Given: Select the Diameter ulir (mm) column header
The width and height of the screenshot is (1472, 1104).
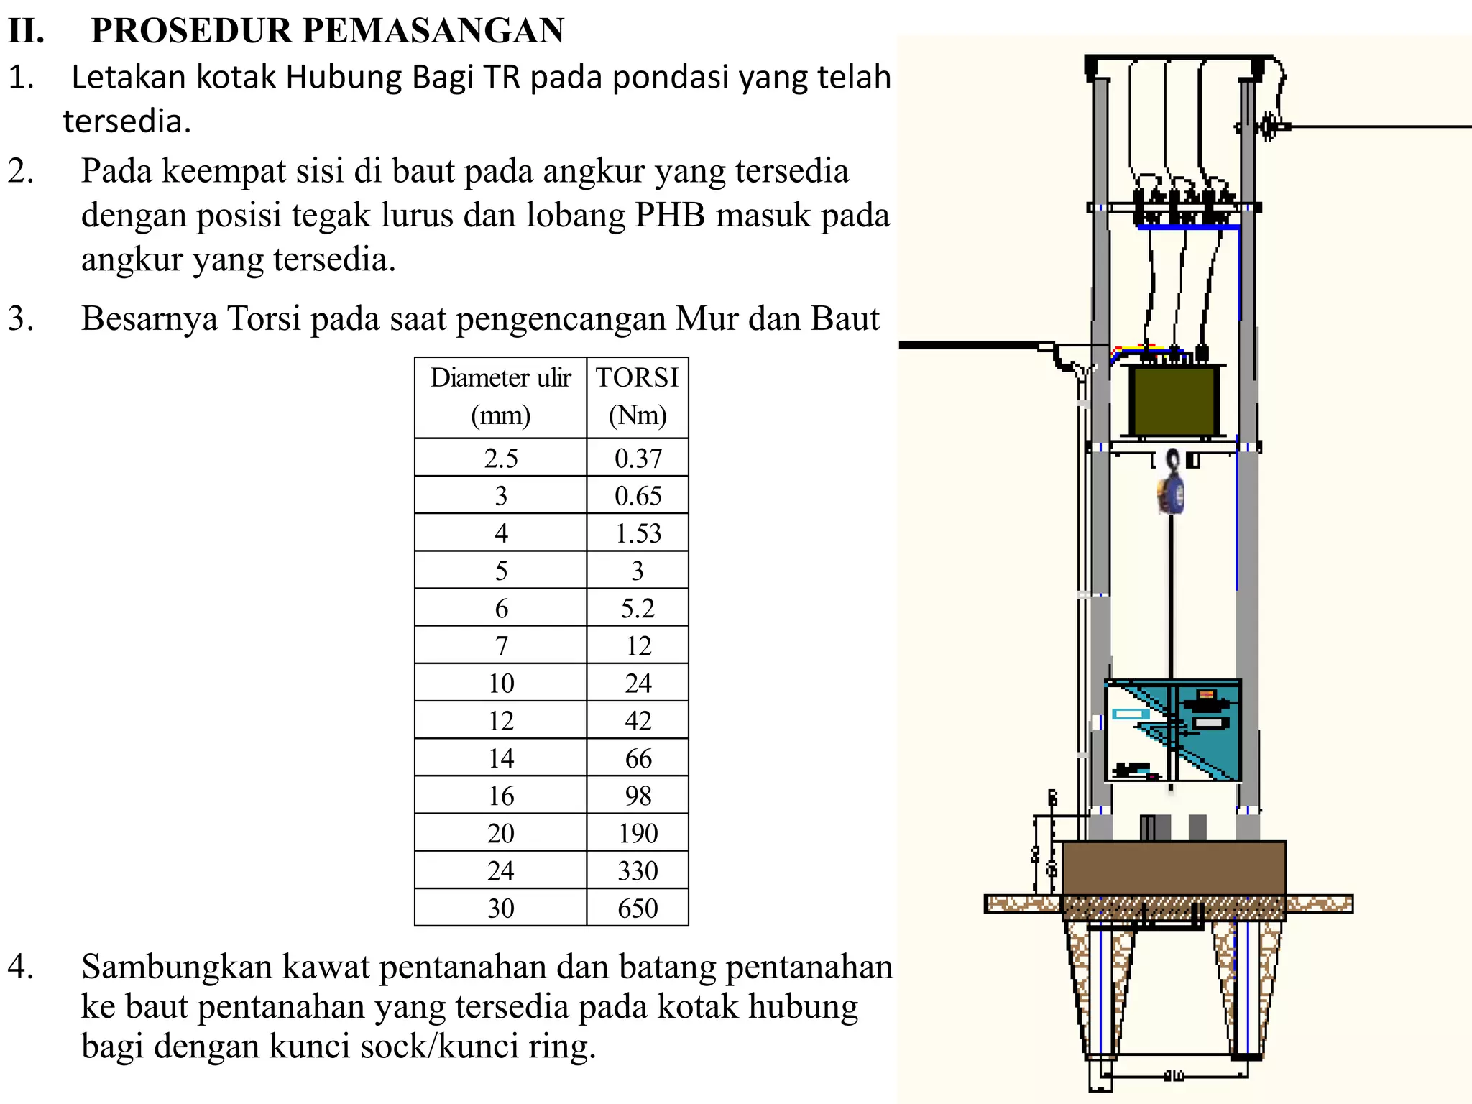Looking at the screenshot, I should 500,396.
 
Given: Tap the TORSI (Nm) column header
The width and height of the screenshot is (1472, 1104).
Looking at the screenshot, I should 638,396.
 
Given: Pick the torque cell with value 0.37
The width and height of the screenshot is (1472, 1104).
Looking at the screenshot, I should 638,458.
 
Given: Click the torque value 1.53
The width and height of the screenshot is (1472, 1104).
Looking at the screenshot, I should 638,533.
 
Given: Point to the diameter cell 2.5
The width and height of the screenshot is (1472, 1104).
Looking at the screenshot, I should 500,458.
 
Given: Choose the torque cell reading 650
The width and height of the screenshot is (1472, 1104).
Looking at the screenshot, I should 638,908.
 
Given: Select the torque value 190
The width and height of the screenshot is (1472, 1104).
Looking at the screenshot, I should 638,833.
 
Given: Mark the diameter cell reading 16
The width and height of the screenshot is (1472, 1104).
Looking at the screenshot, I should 500,796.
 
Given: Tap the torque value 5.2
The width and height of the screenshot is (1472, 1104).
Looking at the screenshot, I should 638,608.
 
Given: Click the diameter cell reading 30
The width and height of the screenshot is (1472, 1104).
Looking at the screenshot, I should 500,908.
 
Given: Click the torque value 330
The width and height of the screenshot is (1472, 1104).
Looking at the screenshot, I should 638,870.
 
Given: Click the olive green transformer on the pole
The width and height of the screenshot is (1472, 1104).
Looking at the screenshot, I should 1173,400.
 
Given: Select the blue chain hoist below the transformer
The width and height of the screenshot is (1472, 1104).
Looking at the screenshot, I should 1172,486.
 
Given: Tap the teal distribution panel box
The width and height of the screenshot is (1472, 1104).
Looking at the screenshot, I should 1173,730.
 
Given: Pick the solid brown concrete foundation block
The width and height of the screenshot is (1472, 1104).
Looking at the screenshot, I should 1173,868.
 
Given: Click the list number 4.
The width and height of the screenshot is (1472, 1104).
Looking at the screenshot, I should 20,967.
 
